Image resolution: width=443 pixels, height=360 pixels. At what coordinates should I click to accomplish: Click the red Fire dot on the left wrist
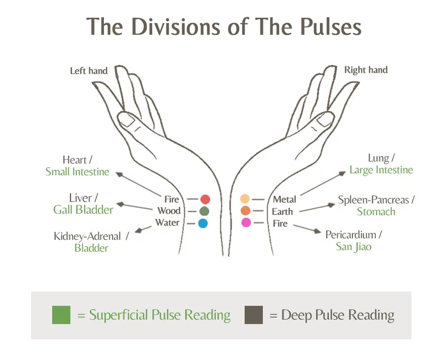coord(205,199)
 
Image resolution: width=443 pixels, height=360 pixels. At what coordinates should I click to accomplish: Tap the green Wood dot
coord(204,211)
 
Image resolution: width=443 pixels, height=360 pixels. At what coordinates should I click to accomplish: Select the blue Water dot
coord(203,223)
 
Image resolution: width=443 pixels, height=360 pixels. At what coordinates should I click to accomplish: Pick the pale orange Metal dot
coord(245,199)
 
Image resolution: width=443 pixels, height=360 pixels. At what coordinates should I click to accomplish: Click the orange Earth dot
coord(246,211)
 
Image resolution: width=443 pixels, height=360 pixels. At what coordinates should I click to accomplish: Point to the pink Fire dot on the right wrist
coord(246,223)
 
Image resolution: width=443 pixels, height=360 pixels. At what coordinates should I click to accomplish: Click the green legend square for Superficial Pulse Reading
coord(61,315)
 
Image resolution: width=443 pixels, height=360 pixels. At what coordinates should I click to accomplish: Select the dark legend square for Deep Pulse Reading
coord(253,315)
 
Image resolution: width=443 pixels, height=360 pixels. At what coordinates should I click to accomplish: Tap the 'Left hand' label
coord(89,71)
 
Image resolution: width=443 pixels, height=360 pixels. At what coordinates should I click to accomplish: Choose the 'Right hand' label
coord(366,70)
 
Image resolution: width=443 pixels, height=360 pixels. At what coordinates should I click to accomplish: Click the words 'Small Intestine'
coord(77,172)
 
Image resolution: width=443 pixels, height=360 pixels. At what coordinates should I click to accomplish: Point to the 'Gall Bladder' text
coord(83,210)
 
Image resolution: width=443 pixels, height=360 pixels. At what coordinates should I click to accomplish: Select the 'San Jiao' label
coord(353,247)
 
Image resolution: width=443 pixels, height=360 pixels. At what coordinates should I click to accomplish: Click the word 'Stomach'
coord(376,212)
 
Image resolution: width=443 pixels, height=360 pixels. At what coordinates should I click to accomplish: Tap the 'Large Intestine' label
coord(381,170)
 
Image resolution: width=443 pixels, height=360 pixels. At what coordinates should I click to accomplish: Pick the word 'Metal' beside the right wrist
coord(285,199)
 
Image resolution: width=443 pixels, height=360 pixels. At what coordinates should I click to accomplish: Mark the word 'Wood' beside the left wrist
coord(169,211)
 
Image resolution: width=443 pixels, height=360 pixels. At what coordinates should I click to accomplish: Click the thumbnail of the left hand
coord(127,120)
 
